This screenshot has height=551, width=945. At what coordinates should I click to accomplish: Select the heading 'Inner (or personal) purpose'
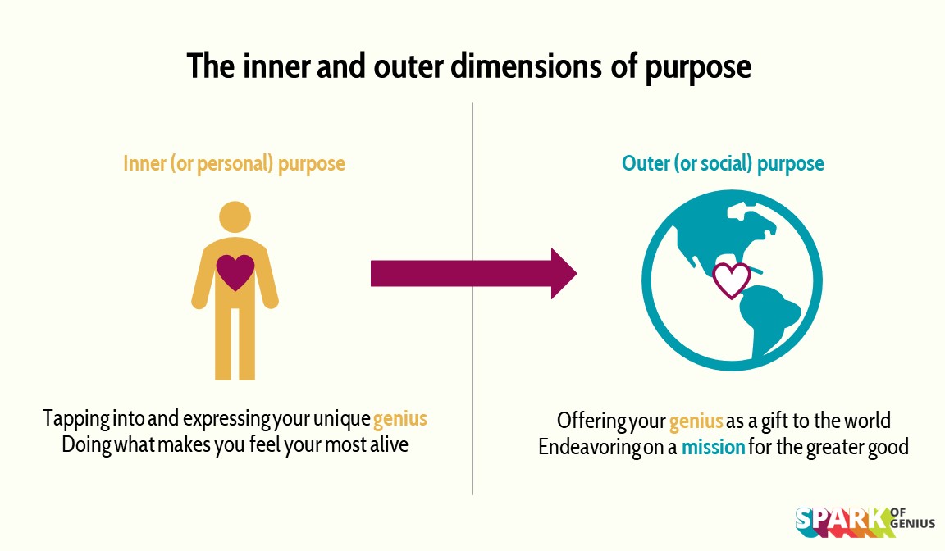click(234, 163)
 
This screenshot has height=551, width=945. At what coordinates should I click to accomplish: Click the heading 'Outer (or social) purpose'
click(723, 163)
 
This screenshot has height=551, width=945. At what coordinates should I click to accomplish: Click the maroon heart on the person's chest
click(235, 272)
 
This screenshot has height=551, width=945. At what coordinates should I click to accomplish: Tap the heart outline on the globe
click(732, 279)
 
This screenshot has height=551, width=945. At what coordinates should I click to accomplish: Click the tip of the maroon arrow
click(574, 274)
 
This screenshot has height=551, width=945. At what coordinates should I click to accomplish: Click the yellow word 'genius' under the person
click(400, 419)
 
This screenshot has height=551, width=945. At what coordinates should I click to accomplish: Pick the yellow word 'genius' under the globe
click(696, 421)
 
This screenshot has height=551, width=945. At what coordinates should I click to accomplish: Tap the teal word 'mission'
click(714, 449)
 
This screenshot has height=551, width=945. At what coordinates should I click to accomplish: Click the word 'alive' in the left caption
click(386, 447)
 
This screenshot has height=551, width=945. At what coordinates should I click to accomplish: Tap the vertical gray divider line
click(473, 369)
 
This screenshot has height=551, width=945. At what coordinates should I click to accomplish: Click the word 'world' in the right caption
click(866, 421)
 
